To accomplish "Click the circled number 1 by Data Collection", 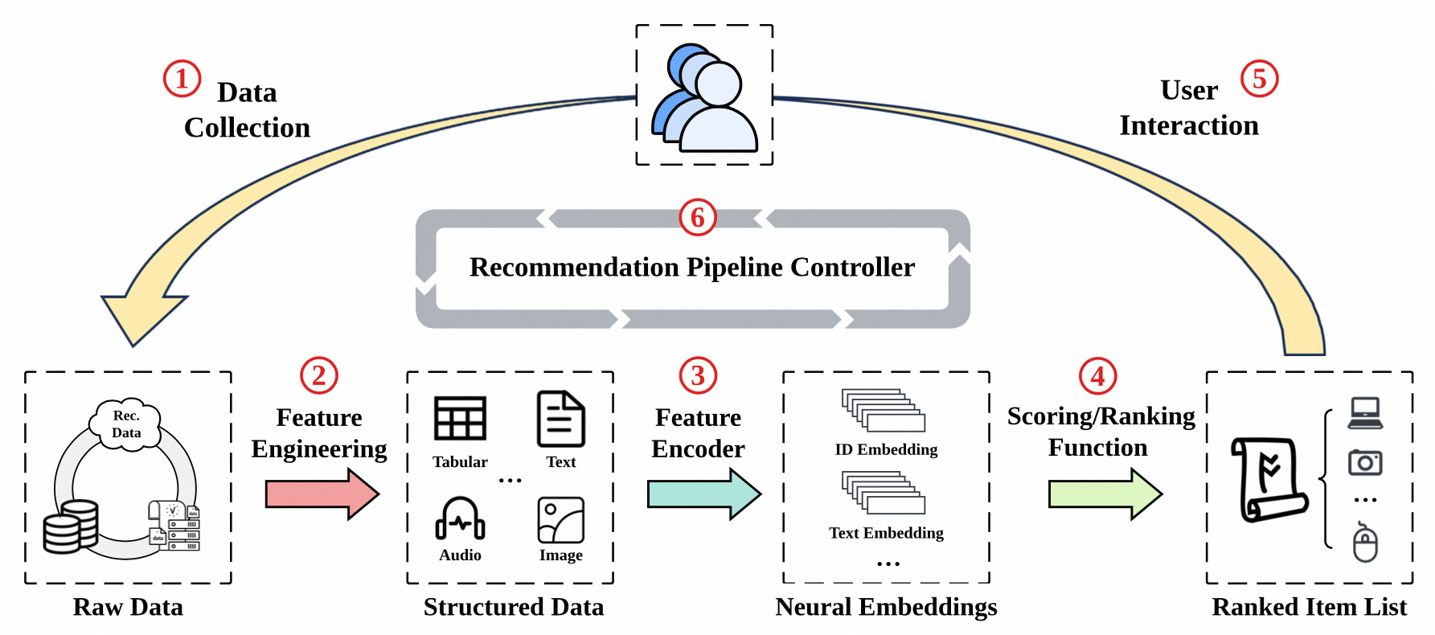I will click(x=182, y=79).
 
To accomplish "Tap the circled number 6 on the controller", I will click(x=698, y=217).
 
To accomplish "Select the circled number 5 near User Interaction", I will click(x=1259, y=79).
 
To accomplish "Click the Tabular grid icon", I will click(x=460, y=418).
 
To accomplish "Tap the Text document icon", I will click(x=560, y=419).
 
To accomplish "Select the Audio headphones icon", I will click(x=460, y=518).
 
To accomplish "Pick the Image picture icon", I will click(x=560, y=520).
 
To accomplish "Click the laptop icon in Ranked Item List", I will click(x=1365, y=413).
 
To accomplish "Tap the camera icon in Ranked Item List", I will click(x=1365, y=462).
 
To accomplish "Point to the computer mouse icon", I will click(x=1365, y=543).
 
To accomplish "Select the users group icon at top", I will click(x=704, y=98).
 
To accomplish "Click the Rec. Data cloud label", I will click(x=126, y=424).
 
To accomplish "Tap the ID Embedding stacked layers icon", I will click(x=884, y=411).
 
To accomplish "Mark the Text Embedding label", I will click(x=886, y=533).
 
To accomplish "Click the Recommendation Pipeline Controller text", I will click(x=692, y=267).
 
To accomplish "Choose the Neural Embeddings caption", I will click(x=886, y=607).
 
